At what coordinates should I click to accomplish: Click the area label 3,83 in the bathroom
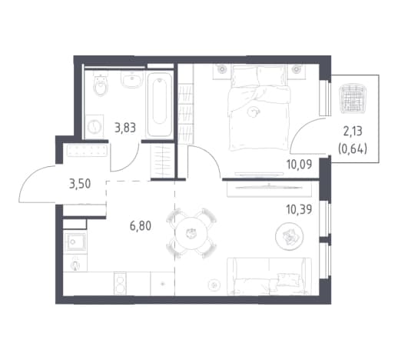tap(125, 128)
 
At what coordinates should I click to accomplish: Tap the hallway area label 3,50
tap(80, 184)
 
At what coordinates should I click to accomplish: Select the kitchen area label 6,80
tap(141, 226)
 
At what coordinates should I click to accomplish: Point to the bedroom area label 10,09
tap(299, 165)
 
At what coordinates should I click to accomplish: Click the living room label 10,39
tap(299, 210)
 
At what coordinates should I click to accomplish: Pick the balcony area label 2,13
tap(353, 132)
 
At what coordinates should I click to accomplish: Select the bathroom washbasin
tap(132, 79)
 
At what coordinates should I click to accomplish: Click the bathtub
tap(159, 104)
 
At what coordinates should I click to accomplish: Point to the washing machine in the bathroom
tap(95, 127)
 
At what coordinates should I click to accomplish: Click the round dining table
tap(191, 234)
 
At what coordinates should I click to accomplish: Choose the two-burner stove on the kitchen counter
tap(120, 283)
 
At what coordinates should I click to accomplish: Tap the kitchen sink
tap(75, 242)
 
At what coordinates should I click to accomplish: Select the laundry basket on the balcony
tap(352, 98)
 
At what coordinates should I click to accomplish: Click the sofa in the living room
tap(269, 276)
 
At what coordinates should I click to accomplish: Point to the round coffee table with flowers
tap(290, 236)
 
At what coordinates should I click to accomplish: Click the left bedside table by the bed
tap(222, 72)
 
